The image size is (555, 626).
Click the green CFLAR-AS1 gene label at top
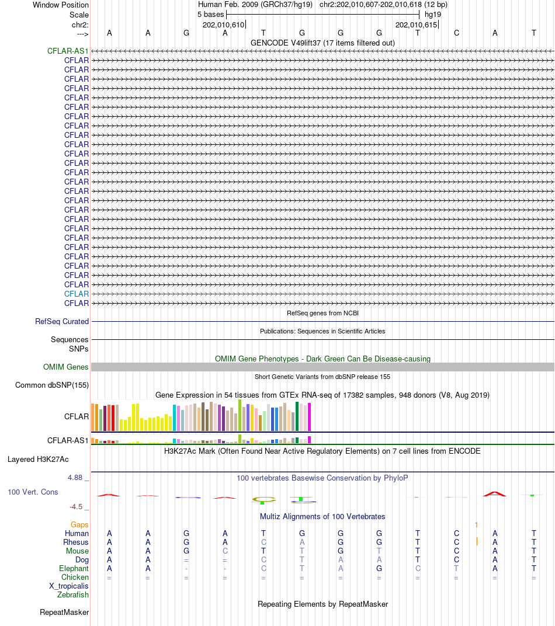[x=68, y=51]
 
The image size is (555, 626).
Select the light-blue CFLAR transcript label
[x=77, y=294]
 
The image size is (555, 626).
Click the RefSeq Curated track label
[x=62, y=321]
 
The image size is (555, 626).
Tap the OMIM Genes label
[x=66, y=367]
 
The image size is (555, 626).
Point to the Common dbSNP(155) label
[x=52, y=385]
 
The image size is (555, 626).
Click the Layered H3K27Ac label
[x=38, y=460]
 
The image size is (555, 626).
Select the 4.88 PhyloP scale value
[x=75, y=478]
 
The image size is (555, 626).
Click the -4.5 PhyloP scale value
[x=76, y=507]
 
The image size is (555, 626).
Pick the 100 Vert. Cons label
[x=33, y=492]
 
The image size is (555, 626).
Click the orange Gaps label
[x=79, y=524]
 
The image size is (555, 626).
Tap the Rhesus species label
[x=76, y=542]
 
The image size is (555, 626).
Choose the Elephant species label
[x=74, y=569]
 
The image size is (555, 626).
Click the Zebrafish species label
[x=73, y=595]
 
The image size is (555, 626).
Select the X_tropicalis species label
[x=69, y=586]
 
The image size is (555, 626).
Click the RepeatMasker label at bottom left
[x=64, y=613]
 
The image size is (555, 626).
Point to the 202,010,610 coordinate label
[x=223, y=25]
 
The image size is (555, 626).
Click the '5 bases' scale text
[x=211, y=15]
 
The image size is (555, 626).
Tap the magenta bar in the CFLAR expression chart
[x=309, y=417]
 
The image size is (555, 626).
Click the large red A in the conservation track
[x=495, y=494]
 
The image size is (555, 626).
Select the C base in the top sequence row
[x=456, y=33]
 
